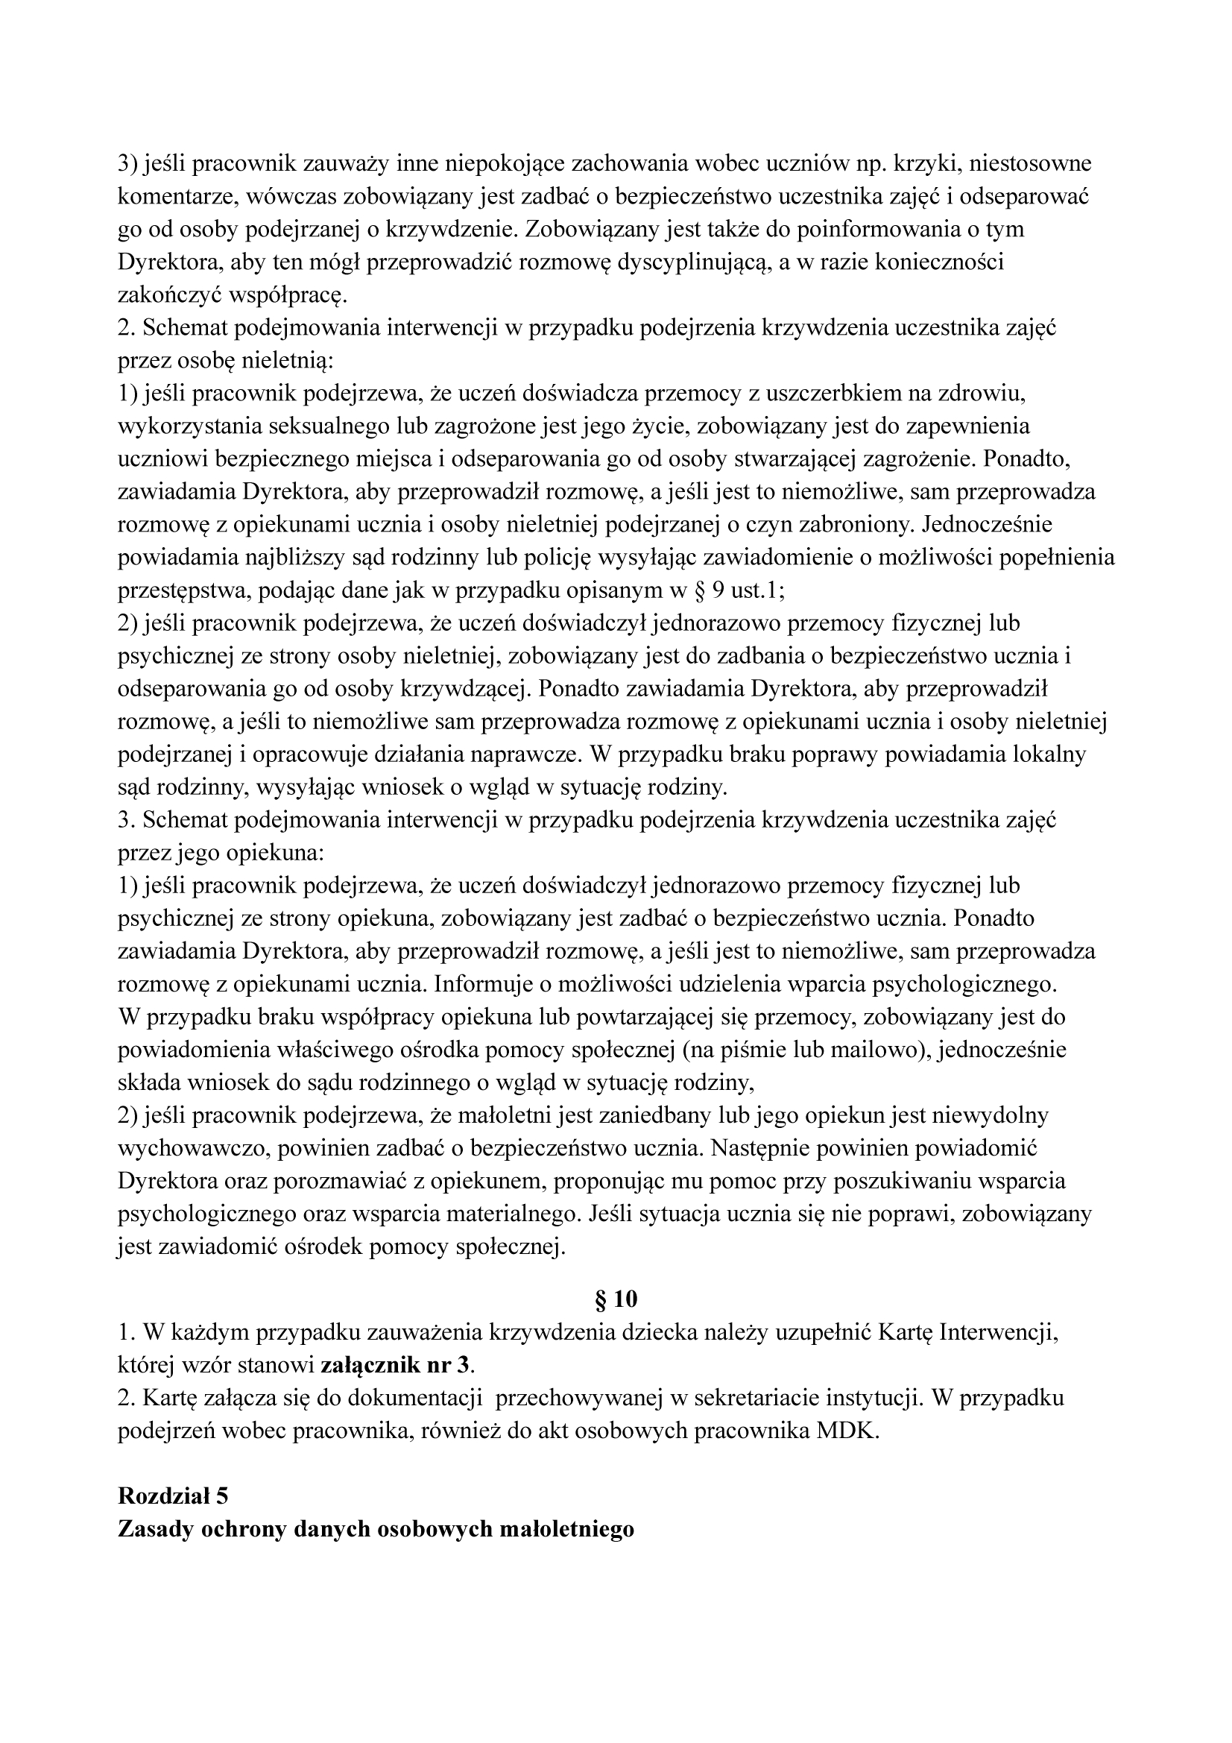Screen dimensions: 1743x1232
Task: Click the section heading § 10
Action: click(x=616, y=1299)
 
